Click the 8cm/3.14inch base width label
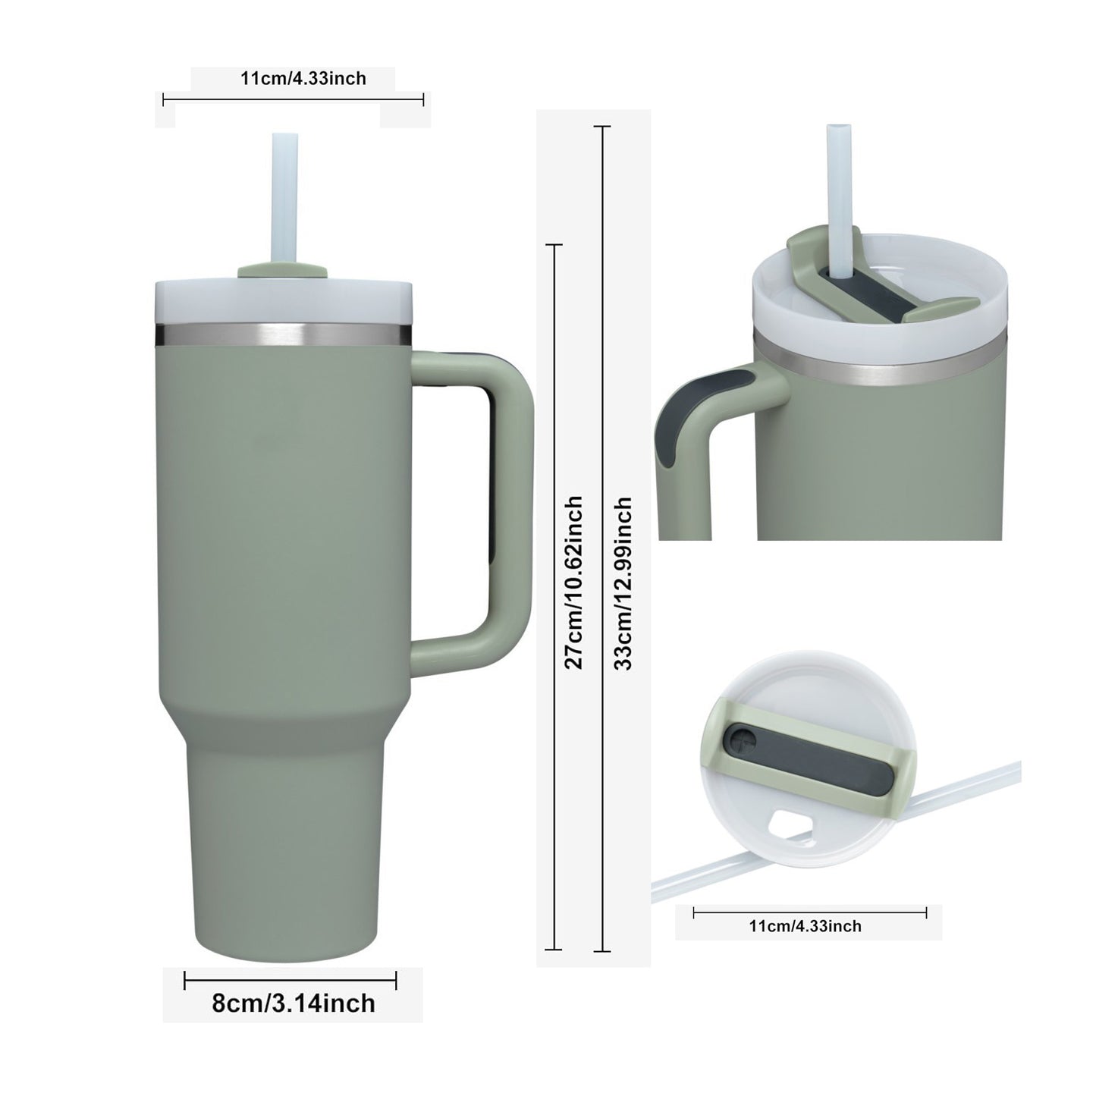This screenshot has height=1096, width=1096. coord(294,1018)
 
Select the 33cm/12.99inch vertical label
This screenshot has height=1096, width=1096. coord(623,583)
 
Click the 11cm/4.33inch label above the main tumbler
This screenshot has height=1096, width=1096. coord(303,78)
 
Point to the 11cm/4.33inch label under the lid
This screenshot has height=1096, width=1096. coord(805,926)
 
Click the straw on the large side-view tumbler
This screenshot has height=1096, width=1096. coord(285,199)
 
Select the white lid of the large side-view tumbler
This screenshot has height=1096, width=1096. coord(283,301)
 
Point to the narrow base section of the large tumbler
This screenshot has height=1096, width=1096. coord(284,853)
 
